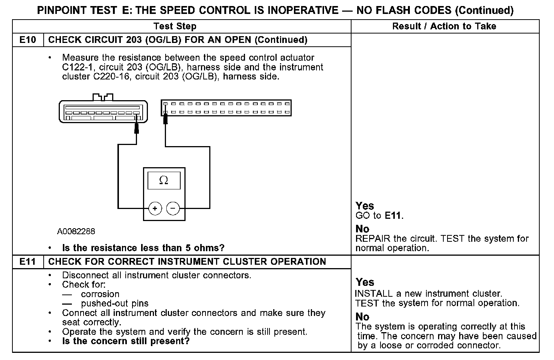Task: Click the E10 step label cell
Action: (x=28, y=40)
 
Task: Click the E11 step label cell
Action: (x=28, y=262)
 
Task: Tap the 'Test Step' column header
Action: (x=175, y=26)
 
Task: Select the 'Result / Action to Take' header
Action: (x=444, y=26)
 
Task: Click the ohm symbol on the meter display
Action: (x=164, y=181)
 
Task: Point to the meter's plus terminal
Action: (x=155, y=208)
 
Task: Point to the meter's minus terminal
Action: (x=173, y=208)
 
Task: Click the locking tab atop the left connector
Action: (x=103, y=97)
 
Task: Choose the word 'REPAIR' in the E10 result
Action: (x=372, y=239)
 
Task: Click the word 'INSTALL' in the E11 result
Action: (x=372, y=294)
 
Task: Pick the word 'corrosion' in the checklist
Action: (x=100, y=294)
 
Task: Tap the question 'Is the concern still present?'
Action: (x=126, y=342)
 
